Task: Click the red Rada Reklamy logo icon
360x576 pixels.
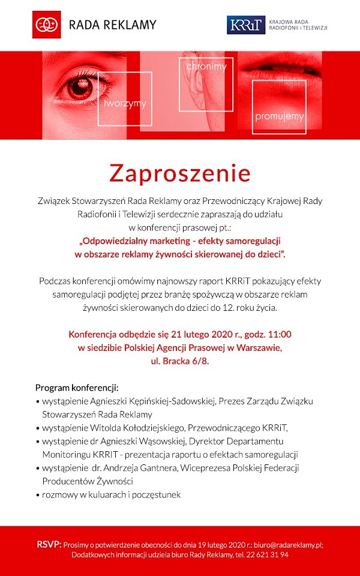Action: [x=46, y=25]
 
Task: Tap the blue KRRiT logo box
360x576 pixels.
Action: [x=246, y=25]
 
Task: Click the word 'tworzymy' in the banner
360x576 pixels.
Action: [x=125, y=104]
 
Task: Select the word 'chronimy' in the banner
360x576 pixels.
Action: [x=206, y=67]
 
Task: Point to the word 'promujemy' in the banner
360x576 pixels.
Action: [x=279, y=116]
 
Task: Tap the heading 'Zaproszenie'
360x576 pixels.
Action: [x=179, y=173]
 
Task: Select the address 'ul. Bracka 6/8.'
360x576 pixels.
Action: [x=180, y=362]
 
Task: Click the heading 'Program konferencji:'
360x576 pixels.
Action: [x=77, y=387]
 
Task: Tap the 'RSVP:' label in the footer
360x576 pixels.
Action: [x=49, y=544]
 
